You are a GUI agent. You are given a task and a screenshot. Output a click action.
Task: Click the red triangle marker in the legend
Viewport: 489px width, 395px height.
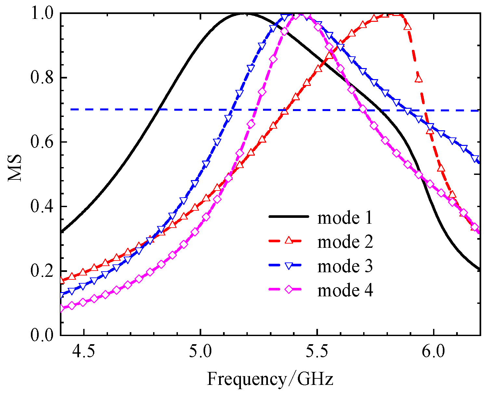click(x=288, y=241)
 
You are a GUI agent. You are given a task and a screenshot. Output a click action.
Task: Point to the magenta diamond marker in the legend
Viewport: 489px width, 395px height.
click(x=288, y=289)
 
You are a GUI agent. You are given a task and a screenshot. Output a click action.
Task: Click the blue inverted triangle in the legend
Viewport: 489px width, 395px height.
click(x=288, y=266)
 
